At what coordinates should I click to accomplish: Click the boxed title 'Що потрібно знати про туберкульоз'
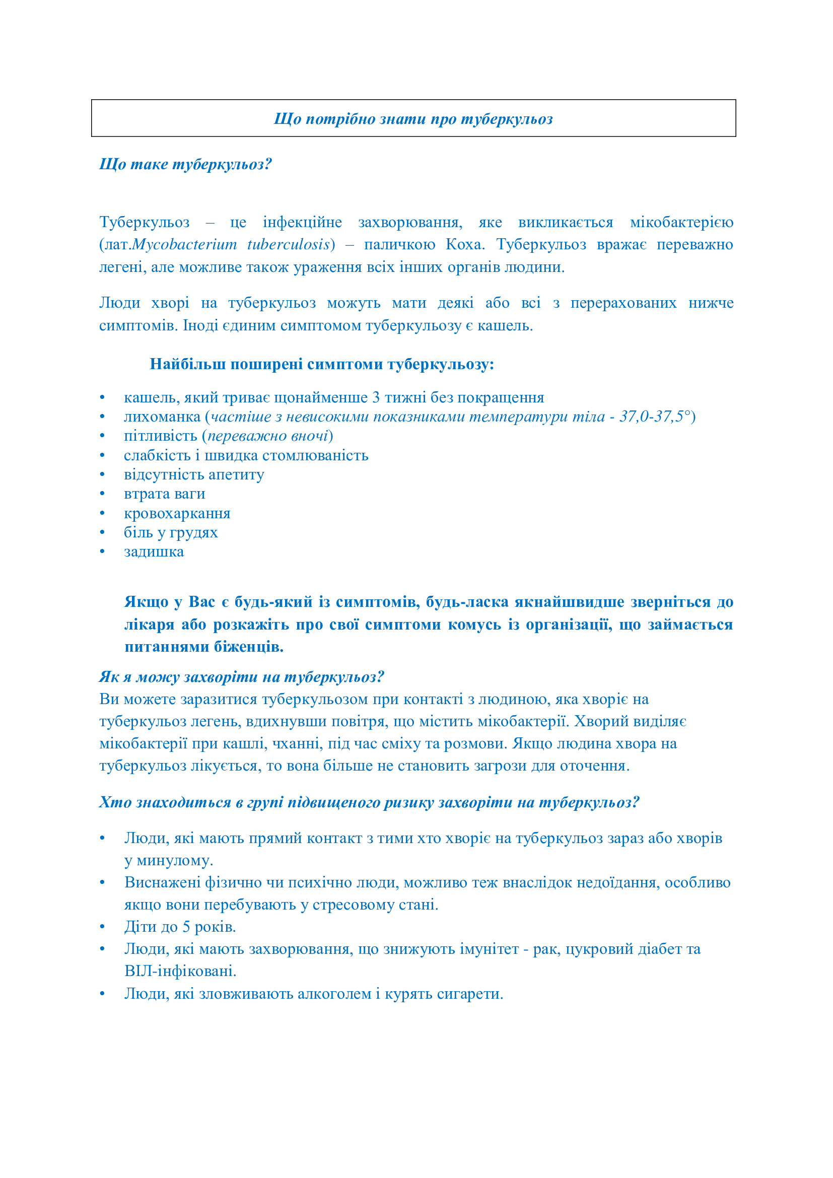(x=413, y=119)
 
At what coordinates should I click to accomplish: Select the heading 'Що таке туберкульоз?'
(x=185, y=164)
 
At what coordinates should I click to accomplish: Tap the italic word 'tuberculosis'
(x=288, y=245)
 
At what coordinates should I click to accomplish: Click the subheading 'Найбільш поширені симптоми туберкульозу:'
(x=322, y=364)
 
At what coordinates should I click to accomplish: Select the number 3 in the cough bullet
(x=376, y=398)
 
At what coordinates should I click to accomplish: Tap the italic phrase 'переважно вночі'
(x=267, y=436)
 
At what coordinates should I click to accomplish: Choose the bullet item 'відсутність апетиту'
(x=194, y=474)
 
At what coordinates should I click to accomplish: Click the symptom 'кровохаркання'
(x=177, y=514)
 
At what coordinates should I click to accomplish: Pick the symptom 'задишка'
(x=154, y=552)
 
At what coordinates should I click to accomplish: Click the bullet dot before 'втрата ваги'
(x=103, y=494)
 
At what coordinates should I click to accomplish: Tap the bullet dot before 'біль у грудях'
(x=103, y=532)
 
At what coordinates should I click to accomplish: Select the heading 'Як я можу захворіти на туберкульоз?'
(x=242, y=677)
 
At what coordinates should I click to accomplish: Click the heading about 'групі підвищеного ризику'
(x=369, y=802)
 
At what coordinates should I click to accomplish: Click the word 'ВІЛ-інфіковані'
(x=180, y=971)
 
